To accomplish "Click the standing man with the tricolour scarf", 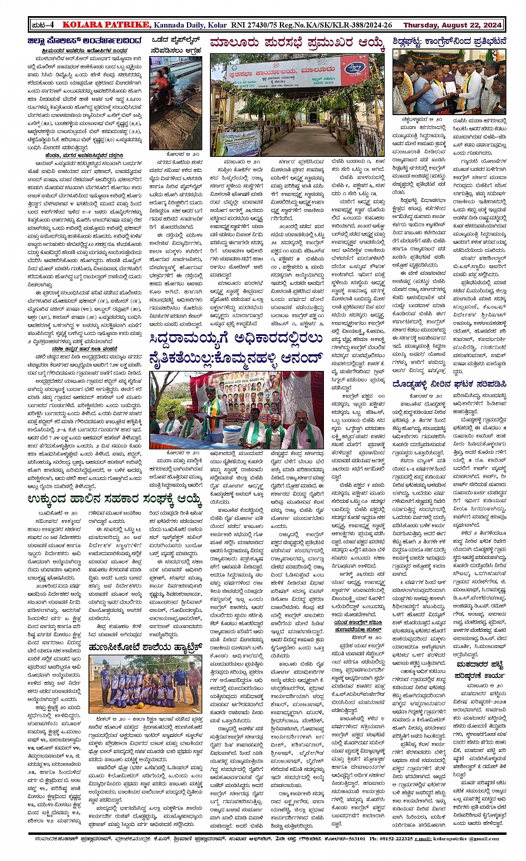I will pos(212,412).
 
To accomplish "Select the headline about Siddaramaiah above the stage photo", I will pos(237,349).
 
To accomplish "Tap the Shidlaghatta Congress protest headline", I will pos(449,42).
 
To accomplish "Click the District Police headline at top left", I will pos(86,41).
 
